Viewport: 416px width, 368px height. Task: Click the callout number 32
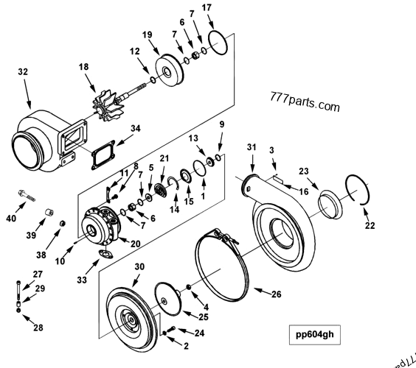(23, 72)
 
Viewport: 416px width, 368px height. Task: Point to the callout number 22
(369, 225)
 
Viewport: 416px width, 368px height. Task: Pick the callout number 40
(10, 218)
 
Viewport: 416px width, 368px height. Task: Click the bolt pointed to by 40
(26, 195)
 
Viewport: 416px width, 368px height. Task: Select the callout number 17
(207, 7)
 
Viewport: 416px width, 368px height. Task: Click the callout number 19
(147, 34)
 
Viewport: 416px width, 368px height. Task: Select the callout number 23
(303, 171)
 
